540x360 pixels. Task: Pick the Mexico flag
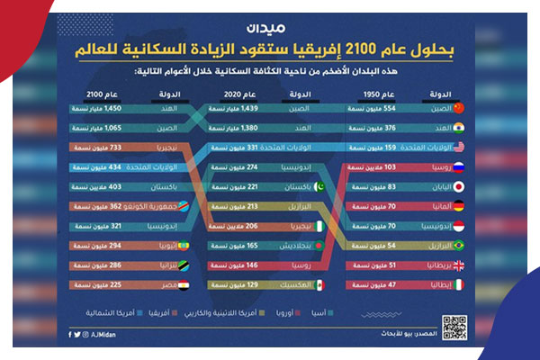321,285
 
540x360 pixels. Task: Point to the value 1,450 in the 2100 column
86,108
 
